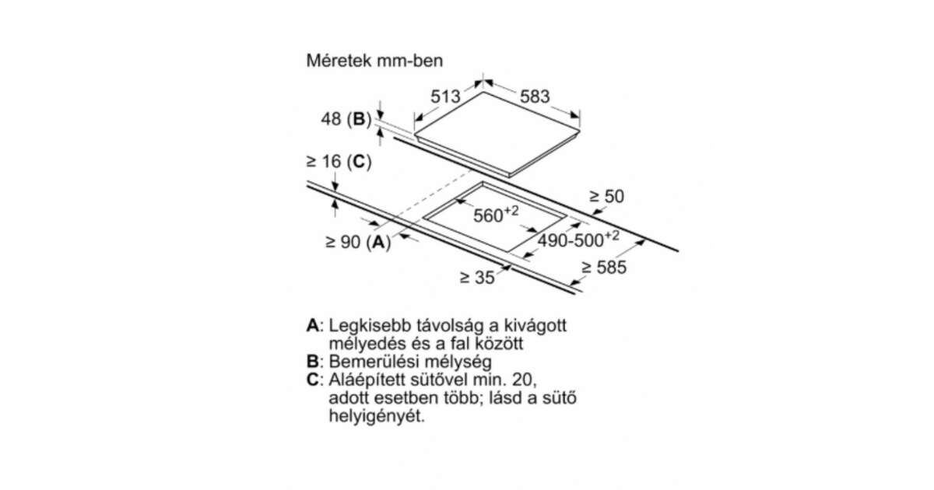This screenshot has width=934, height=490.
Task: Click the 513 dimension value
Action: pyautogui.click(x=445, y=96)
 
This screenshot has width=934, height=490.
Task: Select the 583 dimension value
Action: pyautogui.click(x=535, y=96)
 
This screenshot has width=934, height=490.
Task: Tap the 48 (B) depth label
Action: pyautogui.click(x=346, y=119)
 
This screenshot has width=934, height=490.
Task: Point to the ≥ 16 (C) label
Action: pyautogui.click(x=339, y=161)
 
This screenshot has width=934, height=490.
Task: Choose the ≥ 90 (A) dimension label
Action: pyautogui.click(x=358, y=242)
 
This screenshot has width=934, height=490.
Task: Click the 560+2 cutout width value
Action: pyautogui.click(x=496, y=214)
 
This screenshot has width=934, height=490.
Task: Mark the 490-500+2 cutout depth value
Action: pyautogui.click(x=578, y=240)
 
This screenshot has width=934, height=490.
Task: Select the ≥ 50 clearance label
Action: pyautogui.click(x=606, y=196)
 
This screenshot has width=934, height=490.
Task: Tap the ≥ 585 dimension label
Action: pyautogui.click(x=604, y=268)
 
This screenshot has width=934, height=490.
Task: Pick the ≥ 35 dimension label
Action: pyautogui.click(x=477, y=278)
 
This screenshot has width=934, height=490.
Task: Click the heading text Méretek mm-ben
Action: pyautogui.click(x=374, y=61)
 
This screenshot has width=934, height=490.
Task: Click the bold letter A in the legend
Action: pyautogui.click(x=312, y=325)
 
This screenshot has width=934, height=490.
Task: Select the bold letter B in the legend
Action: pyautogui.click(x=312, y=361)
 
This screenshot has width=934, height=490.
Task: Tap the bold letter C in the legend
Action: pyautogui.click(x=312, y=380)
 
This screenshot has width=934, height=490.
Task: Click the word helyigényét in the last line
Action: pyautogui.click(x=377, y=416)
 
